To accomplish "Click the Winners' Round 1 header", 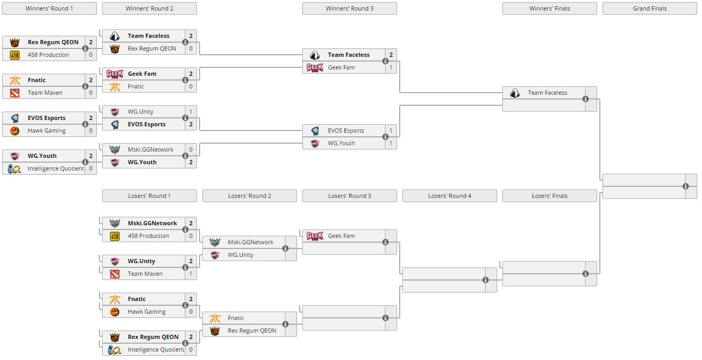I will (x=50, y=8).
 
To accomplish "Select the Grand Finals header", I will (x=649, y=8).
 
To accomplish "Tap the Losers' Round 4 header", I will (x=449, y=196).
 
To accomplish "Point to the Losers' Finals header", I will (x=549, y=196).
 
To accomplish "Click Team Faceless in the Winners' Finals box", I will (x=547, y=93).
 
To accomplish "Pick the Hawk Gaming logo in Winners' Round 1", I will (x=15, y=131).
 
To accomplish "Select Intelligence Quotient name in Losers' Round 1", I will (x=156, y=349).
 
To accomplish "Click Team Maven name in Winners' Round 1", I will (x=45, y=93).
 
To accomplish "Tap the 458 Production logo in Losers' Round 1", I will (x=115, y=236).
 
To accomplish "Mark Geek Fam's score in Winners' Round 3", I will (x=391, y=67).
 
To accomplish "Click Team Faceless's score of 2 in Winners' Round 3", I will (x=391, y=55).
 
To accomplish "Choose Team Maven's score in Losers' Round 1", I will (x=191, y=274).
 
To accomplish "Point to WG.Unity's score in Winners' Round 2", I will (x=191, y=112).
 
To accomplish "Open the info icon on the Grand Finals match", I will (x=685, y=186).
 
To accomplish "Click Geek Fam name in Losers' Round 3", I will (x=341, y=236).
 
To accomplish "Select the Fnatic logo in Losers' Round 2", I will (x=215, y=318).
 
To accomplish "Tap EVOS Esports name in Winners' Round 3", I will (x=346, y=131).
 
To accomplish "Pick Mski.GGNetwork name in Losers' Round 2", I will (x=251, y=242).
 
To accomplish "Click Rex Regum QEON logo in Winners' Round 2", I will (x=115, y=48).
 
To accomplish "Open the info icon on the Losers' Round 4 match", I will (x=486, y=280).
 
